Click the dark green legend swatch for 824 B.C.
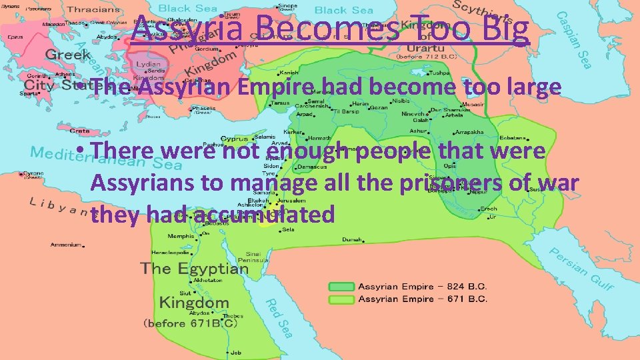click(341, 287)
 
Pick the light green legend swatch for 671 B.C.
click(341, 299)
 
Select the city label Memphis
click(182, 236)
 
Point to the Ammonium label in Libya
click(65, 245)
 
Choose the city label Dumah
click(352, 239)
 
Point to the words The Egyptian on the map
click(194, 269)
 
